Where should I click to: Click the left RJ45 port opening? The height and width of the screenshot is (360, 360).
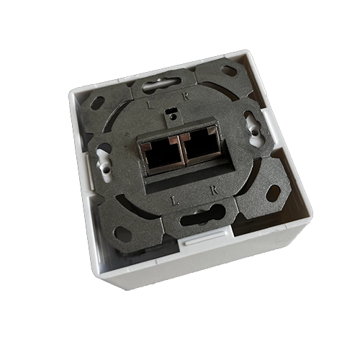coord(162,155)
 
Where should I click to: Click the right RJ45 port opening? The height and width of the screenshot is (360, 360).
coord(200,145)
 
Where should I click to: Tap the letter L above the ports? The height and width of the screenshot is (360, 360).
coord(150,105)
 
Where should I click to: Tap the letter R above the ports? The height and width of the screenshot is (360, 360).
coord(186,96)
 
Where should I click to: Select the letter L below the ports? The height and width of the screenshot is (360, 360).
coord(176,201)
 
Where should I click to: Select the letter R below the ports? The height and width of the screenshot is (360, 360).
coord(214,190)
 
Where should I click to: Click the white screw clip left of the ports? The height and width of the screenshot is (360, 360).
coord(104,163)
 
